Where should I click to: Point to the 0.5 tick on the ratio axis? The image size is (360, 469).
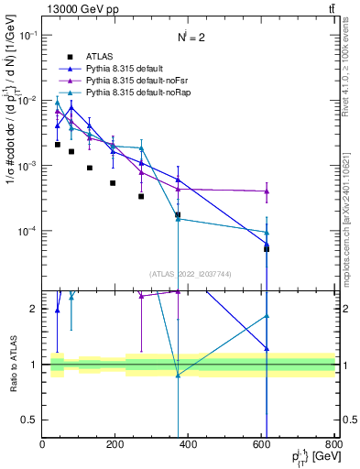[x=30, y=420]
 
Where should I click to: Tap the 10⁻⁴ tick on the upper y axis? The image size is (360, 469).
[x=27, y=231]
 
